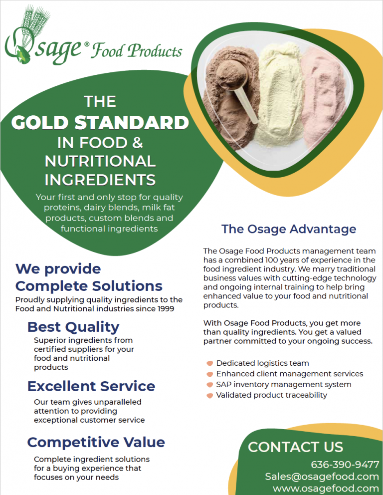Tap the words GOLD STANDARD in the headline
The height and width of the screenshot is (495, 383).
coord(100,122)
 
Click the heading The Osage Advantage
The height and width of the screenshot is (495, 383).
coord(289,229)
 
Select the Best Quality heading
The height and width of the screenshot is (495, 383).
coord(73,327)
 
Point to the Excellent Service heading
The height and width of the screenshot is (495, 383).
coord(91,386)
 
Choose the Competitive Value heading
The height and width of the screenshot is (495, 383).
coord(96,442)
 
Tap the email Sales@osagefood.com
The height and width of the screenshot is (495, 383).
coord(322,477)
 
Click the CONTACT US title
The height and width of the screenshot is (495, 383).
coord(295,447)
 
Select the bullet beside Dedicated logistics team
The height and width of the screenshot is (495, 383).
coord(210,363)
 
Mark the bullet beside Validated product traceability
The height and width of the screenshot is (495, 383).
coord(210,395)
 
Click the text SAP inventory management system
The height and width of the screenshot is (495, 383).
coord(283,384)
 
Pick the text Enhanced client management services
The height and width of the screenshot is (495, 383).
coord(289,374)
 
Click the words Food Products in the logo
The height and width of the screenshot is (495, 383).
coord(136,51)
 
